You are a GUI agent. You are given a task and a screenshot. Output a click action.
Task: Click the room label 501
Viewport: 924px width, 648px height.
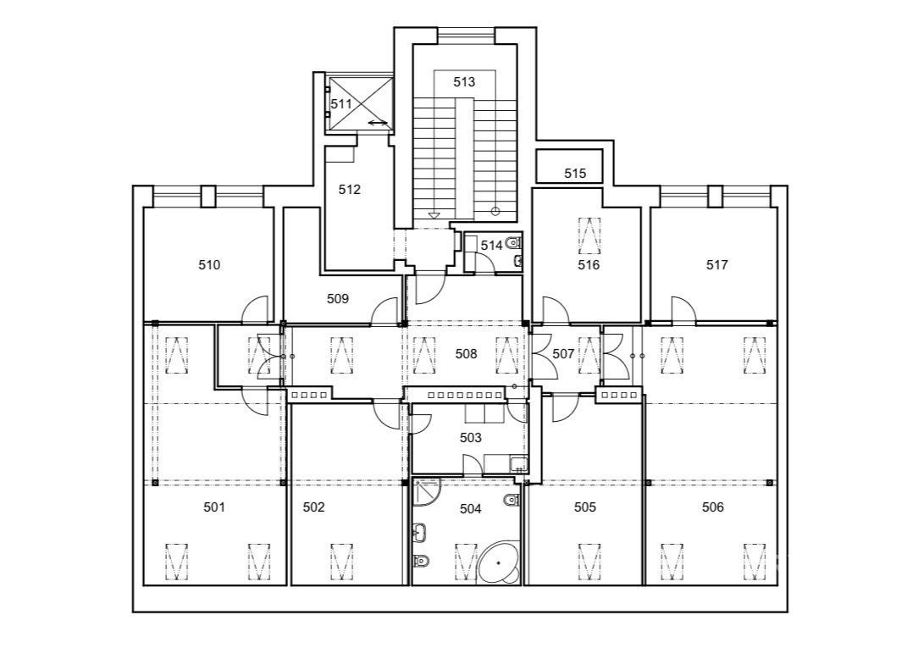point(214,507)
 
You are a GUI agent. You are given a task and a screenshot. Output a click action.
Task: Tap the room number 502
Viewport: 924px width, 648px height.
point(313,507)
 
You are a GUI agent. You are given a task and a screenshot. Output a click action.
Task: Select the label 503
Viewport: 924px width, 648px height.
point(470,437)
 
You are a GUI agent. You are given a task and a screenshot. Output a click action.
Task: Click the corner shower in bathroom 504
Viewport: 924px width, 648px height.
point(426,493)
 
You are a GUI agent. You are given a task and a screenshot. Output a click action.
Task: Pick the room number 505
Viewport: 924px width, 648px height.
point(585,507)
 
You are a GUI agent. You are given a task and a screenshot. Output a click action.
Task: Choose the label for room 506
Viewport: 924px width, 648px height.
point(713,507)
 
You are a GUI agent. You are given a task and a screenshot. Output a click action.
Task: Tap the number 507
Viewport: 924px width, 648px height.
point(563,354)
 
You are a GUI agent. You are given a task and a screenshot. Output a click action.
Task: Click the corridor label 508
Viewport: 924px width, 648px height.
point(466,354)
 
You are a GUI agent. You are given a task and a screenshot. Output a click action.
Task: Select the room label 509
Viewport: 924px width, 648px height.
point(338,299)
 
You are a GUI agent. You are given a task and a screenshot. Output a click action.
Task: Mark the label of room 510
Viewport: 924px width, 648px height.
point(209,265)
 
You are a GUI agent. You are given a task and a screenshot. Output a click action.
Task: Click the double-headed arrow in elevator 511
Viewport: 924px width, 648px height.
point(378,123)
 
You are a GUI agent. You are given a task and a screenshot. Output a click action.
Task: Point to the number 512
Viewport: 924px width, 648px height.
point(350,189)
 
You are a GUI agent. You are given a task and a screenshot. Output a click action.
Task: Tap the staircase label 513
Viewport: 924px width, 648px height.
point(464,82)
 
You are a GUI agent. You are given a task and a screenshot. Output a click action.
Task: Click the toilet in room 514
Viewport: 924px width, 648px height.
point(513,241)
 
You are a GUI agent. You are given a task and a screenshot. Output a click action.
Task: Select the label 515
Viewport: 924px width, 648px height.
point(575,174)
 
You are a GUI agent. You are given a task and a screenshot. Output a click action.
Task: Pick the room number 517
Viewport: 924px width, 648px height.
point(717,265)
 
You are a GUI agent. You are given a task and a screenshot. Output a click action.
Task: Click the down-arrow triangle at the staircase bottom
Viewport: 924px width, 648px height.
point(434,215)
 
